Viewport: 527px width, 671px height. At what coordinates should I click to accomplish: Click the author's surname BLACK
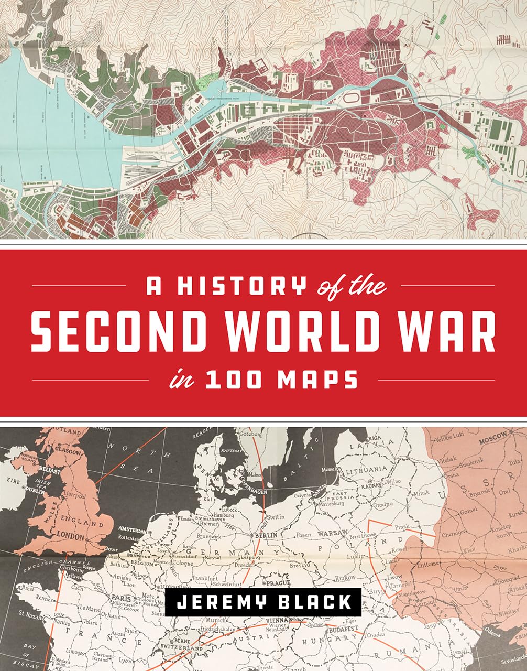313,601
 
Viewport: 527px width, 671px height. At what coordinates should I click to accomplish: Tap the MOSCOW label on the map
493,436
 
